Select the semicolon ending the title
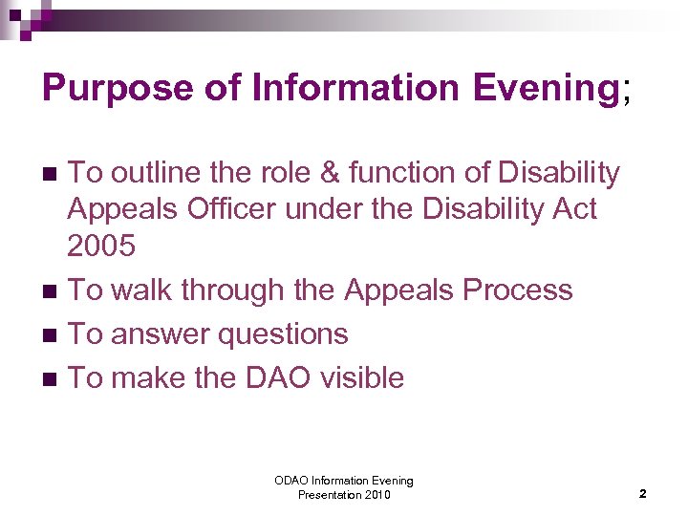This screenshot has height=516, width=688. [626, 91]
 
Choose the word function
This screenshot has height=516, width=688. [405, 173]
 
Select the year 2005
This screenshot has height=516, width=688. [101, 246]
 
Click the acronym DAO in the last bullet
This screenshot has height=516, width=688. [277, 377]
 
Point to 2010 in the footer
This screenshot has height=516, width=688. [375, 495]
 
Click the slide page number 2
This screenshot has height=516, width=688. [642, 494]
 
